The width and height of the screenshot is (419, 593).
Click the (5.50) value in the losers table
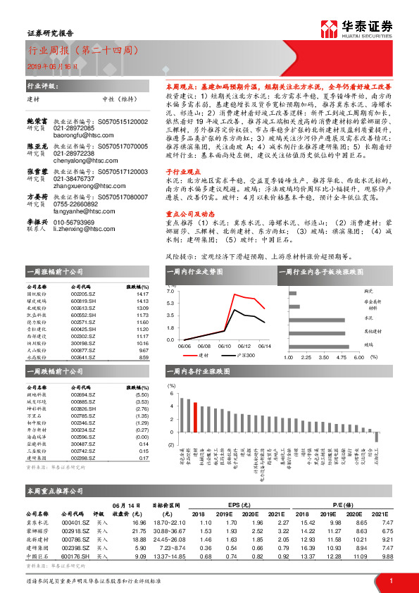tap(142, 395)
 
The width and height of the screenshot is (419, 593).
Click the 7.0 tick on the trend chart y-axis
tap(170, 310)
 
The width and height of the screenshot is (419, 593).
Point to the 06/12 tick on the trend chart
tap(244, 346)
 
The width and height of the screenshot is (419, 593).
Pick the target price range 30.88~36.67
tap(167, 531)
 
